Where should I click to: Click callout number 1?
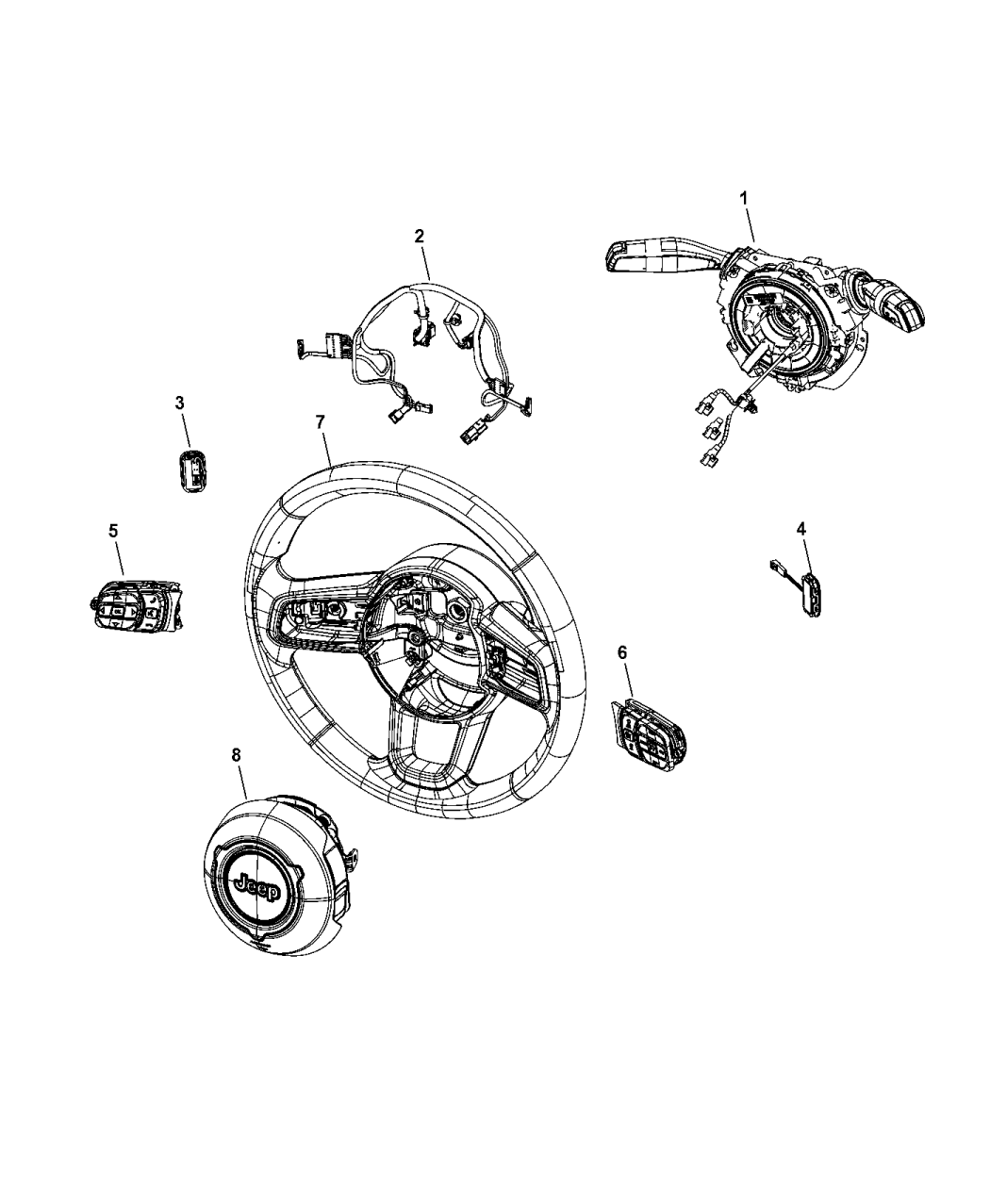(x=743, y=199)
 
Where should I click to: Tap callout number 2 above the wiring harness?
(x=420, y=236)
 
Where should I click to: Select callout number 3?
(x=179, y=403)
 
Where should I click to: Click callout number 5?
(x=113, y=531)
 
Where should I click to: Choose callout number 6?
(x=621, y=651)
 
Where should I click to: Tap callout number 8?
(x=236, y=754)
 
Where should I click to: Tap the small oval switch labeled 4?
(x=811, y=596)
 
